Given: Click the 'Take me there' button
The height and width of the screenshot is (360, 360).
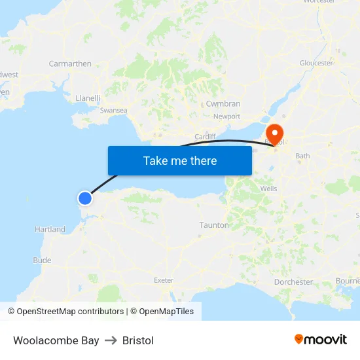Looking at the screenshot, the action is point(180,160).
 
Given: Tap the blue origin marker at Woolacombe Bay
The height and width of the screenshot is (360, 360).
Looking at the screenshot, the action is point(85,198).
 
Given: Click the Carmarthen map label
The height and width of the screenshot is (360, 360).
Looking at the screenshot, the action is point(70,63).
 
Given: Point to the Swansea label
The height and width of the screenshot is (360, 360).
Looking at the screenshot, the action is point(113,111).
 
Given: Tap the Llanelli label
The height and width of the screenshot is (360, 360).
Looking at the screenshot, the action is point(88,98).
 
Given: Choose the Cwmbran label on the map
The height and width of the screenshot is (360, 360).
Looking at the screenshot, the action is point(223,103).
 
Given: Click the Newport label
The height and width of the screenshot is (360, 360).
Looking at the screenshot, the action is point(226,117).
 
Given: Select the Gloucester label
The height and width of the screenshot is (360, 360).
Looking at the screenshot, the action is point(316,63).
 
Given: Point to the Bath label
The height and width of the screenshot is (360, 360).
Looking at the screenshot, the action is point(302,156).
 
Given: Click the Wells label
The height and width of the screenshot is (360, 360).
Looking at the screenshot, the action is point(268,189).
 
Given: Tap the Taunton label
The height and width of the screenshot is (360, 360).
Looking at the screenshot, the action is point(214,225).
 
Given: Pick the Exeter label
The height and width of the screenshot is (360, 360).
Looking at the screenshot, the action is point(163,280).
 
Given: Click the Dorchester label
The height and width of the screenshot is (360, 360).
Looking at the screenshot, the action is point(293,282).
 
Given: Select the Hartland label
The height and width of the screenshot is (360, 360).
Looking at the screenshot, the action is point(50,230).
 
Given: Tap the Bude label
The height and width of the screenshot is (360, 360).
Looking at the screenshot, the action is point(42,261).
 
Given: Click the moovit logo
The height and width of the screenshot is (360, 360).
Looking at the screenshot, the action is point(321,340).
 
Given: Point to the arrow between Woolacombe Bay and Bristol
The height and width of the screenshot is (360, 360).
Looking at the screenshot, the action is point(111,340).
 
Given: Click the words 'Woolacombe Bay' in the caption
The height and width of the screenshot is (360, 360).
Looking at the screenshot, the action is point(56,340).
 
